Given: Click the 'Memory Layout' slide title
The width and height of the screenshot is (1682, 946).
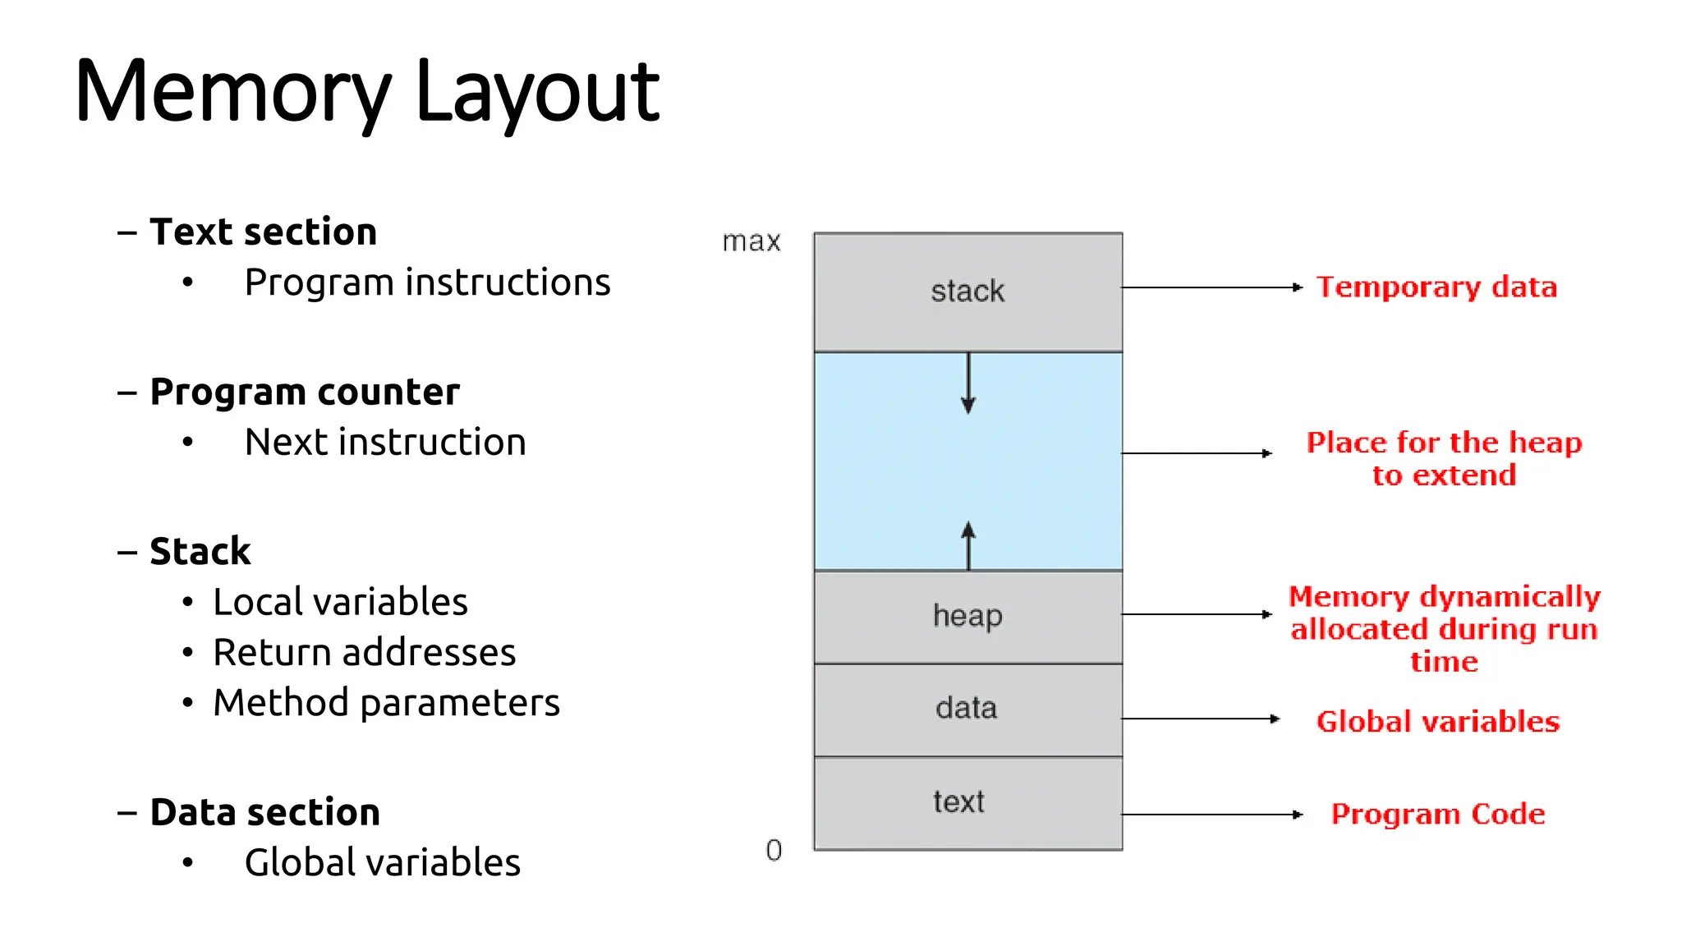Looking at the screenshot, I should click(366, 92).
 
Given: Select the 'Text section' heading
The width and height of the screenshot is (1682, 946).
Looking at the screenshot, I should click(263, 232).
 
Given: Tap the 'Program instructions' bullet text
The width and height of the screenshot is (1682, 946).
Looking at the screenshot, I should click(427, 282).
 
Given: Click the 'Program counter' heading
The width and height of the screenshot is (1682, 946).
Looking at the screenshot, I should click(305, 393).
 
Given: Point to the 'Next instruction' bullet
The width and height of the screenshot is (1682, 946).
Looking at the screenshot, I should click(385, 443).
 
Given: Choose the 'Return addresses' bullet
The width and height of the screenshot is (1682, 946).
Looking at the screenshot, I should click(364, 653).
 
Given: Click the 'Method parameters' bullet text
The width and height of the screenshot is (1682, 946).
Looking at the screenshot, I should click(386, 703).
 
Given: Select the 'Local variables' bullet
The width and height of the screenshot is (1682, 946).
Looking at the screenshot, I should click(340, 602).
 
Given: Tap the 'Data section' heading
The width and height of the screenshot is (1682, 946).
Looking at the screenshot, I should click(264, 813).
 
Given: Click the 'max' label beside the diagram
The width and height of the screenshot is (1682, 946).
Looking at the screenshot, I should click(751, 241).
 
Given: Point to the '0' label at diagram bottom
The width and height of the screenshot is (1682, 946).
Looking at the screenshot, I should click(774, 850).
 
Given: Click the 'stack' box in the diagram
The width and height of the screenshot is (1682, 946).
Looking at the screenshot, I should click(967, 292).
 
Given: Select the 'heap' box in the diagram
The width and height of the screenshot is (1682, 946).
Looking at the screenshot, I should click(967, 616).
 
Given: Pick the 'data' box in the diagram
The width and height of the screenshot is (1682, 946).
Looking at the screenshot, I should click(967, 709).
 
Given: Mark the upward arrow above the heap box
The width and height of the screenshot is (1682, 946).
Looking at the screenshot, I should click(968, 545).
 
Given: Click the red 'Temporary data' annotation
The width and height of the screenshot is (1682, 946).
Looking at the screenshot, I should click(1436, 287).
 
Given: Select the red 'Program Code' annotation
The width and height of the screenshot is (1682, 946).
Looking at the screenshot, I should click(1437, 814).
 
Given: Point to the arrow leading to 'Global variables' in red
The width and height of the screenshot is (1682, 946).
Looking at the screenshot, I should click(1199, 719).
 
